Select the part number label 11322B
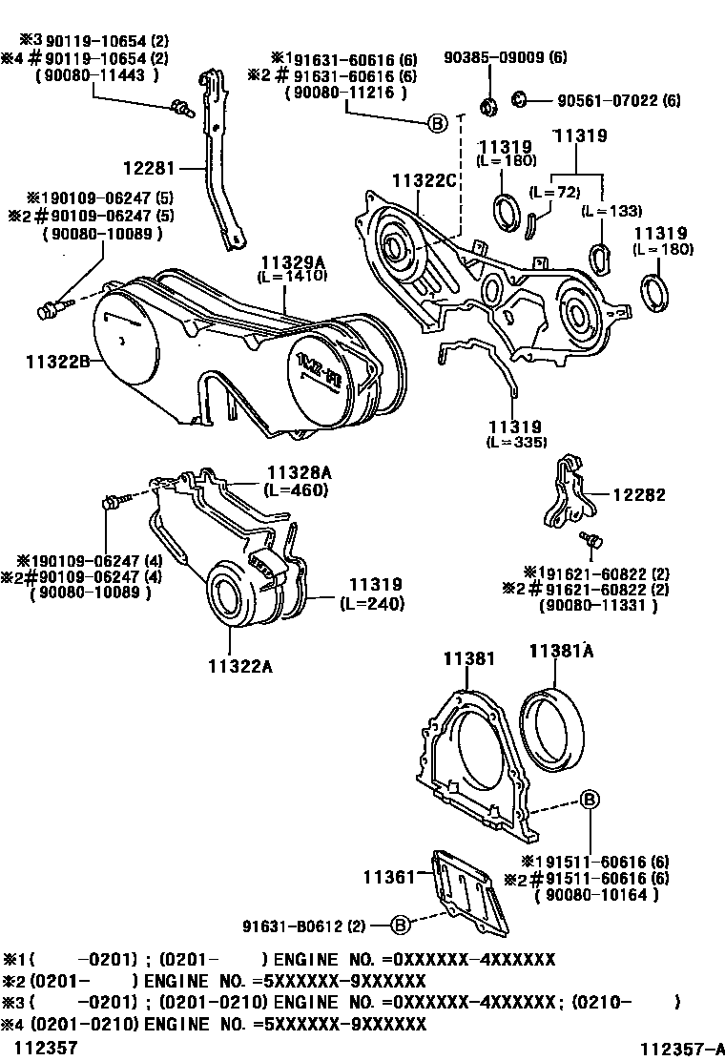pos(56,361)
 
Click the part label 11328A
pos(297,472)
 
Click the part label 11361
pos(387,875)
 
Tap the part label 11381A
pos(562,651)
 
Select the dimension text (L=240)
pos(374,603)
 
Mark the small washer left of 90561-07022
pos(521,97)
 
